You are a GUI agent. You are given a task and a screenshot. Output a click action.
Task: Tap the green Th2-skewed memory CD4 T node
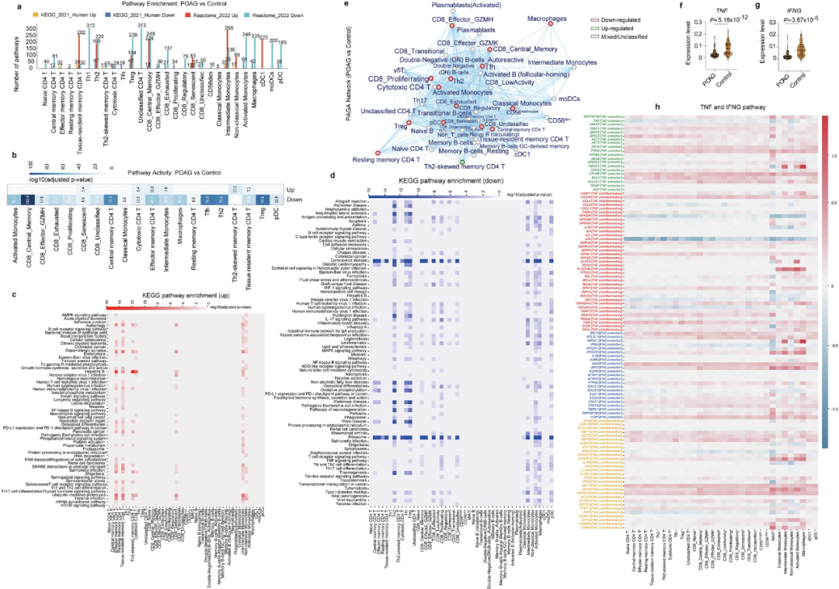(461, 161)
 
